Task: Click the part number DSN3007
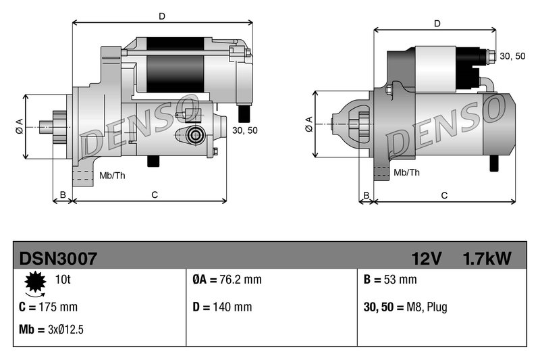pos(59,258)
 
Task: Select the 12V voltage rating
pos(427,258)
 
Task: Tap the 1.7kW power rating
pos(487,258)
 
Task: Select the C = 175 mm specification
pos(49,307)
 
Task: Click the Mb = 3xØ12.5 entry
pos(51,330)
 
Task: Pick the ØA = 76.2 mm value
pos(222,280)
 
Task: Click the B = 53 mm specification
pos(389,280)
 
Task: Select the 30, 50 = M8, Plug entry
pos(405,307)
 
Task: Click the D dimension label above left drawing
pos(161,15)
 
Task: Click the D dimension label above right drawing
pos(437,24)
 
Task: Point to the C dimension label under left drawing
pos(154,195)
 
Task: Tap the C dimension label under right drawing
pos(444,196)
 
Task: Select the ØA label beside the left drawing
pos(19,126)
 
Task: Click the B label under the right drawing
pos(367,196)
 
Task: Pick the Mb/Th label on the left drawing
pos(112,176)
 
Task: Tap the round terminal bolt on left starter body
pos(196,134)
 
